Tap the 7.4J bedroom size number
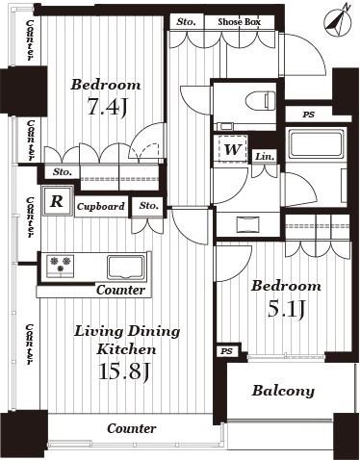106,107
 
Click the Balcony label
283,391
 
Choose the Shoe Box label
239,20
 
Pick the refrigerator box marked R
57,202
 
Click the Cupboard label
100,206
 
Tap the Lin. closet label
266,156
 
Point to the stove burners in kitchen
61,264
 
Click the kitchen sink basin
125,265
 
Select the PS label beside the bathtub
308,115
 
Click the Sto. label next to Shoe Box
185,20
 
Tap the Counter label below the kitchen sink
120,290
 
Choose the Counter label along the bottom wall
132,427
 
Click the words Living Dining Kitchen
127,340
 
